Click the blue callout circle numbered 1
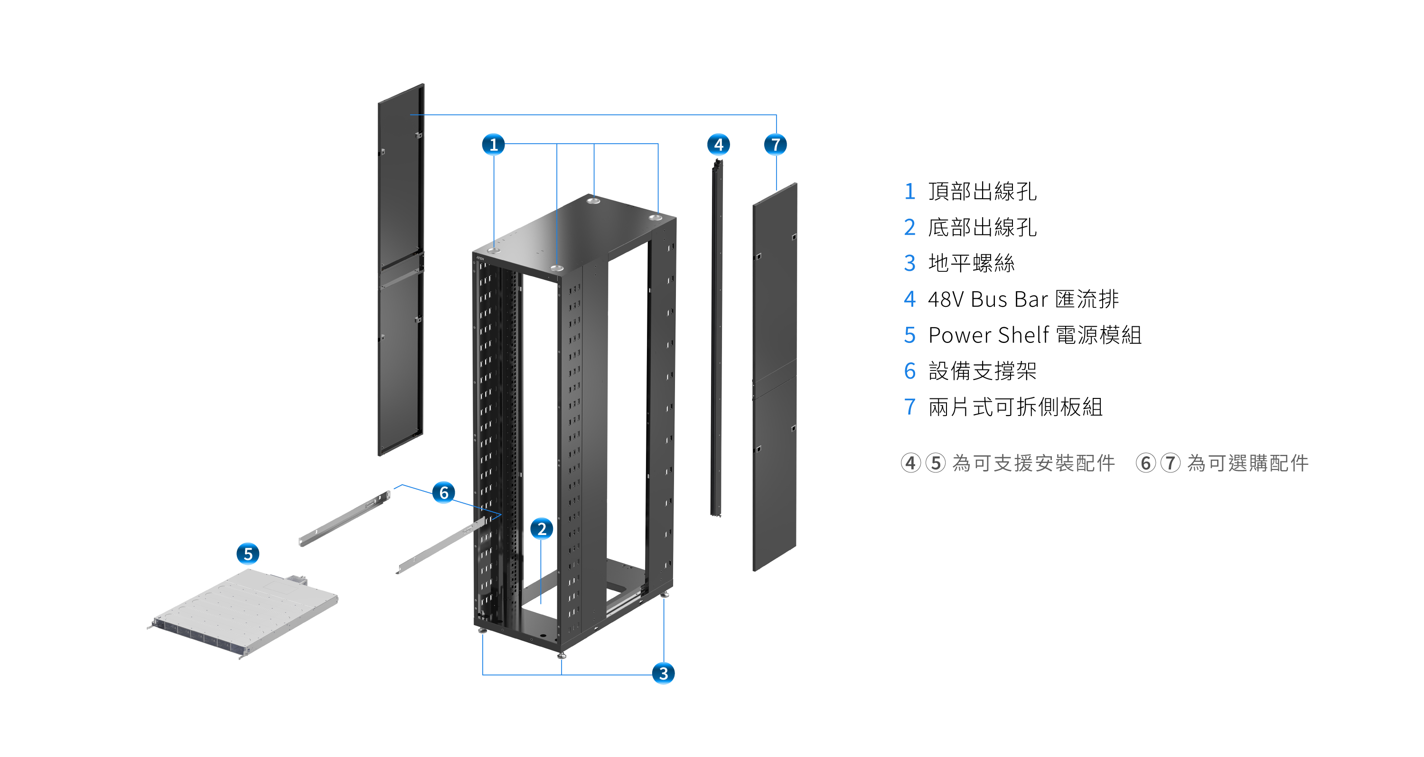pos(494,145)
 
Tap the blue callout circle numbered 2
pos(542,529)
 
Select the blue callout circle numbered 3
pos(664,673)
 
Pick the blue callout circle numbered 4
pos(718,145)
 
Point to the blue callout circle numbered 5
pos(248,554)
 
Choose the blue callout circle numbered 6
pos(443,492)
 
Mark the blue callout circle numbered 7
pos(776,145)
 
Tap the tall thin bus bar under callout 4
pos(717,337)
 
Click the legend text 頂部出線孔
pos(982,191)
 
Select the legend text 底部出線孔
pos(982,227)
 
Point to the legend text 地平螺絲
pos(971,263)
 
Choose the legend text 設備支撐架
pos(982,371)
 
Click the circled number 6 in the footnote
pos(1145,463)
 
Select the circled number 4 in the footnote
pos(910,463)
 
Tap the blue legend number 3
pos(910,263)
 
